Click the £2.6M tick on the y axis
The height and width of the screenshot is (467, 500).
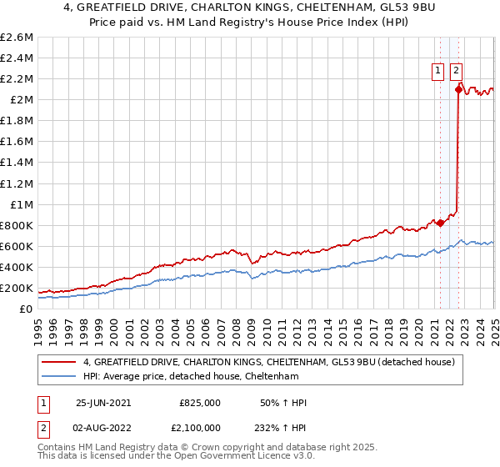coord(17,38)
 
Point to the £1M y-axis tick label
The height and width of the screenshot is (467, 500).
coord(21,204)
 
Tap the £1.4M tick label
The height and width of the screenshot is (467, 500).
coord(17,163)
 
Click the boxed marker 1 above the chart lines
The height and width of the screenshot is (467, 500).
coord(438,72)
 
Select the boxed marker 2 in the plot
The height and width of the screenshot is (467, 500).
coord(457,72)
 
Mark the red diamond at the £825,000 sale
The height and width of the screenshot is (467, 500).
coord(441,223)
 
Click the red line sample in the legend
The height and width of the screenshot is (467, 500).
coord(59,362)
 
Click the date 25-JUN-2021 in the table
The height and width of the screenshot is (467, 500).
coord(103,403)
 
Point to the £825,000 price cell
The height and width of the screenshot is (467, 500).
coord(200,403)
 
